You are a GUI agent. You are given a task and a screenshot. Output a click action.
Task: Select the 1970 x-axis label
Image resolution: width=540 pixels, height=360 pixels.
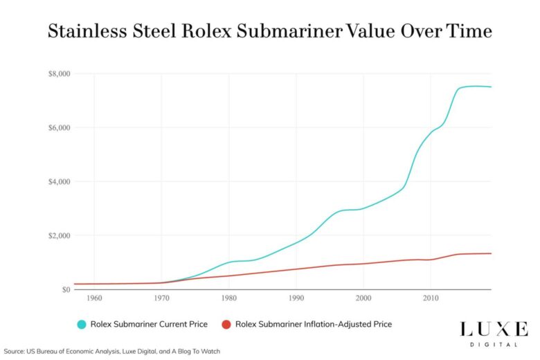pos(161,298)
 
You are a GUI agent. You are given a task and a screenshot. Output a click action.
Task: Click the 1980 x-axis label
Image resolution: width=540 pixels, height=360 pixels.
pos(228,298)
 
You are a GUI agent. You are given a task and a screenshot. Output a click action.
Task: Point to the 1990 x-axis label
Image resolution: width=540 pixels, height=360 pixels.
pos(296,298)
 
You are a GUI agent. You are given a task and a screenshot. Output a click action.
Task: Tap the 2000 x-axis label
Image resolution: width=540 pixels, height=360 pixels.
pos(363,298)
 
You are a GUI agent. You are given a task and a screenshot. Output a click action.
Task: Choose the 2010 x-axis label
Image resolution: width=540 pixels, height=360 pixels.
pos(430,298)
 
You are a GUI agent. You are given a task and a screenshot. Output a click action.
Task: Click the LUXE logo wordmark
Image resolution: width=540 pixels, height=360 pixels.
pos(493,328)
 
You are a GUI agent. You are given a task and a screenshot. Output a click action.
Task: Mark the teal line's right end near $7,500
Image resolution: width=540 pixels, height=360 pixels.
pos(491,87)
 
